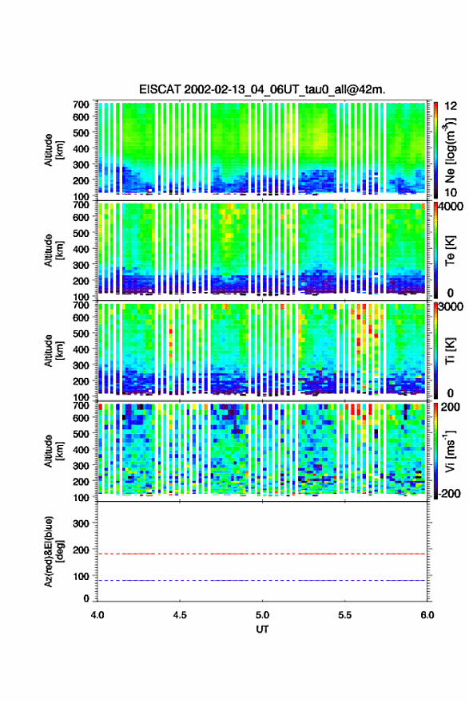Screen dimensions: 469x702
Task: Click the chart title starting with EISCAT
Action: tap(262, 89)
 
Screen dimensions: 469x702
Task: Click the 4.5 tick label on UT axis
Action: tap(180, 615)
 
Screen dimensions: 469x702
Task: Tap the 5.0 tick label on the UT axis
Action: tap(262, 615)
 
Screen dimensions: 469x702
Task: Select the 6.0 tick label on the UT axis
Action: tap(427, 615)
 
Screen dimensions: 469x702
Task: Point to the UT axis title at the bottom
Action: tap(262, 629)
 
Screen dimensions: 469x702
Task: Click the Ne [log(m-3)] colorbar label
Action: tap(450, 151)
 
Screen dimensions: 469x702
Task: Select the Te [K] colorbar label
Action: tap(450, 251)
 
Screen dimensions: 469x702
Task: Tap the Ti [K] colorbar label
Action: tap(450, 350)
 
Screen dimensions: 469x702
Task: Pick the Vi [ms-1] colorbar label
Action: tap(450, 451)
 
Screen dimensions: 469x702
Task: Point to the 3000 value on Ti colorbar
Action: tap(451, 307)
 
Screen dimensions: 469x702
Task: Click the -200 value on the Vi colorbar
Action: tap(450, 493)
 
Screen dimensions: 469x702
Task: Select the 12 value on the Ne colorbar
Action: tap(451, 106)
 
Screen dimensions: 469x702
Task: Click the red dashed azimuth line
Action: tap(262, 554)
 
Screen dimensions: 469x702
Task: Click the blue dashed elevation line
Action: tap(262, 580)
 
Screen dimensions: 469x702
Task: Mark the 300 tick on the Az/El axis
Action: tap(81, 523)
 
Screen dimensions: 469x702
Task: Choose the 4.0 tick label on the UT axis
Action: tap(97, 615)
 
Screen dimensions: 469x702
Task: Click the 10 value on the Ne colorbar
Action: tap(451, 192)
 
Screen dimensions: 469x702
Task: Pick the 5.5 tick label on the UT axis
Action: tap(345, 615)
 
